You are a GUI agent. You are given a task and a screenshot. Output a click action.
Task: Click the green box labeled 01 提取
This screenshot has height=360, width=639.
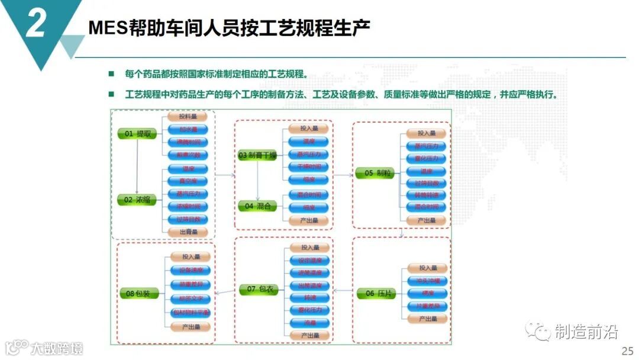(x=137, y=134)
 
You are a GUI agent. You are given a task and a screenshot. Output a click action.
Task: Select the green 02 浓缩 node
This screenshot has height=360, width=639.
(x=137, y=200)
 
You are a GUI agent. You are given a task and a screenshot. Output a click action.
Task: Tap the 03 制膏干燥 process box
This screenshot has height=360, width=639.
(x=257, y=156)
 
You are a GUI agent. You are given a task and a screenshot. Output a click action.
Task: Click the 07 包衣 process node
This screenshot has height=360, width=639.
(x=259, y=289)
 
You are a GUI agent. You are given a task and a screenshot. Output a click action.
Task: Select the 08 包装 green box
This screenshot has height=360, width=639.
(x=138, y=293)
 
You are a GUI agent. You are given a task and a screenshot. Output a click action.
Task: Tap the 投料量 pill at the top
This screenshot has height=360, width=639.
(x=188, y=117)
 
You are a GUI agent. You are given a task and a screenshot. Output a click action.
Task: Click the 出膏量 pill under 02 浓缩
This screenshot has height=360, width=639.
(x=188, y=232)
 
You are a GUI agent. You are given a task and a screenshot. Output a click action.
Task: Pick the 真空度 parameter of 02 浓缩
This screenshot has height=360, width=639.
(x=188, y=181)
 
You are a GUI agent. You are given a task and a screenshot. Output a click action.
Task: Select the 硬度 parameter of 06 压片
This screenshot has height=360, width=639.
(x=427, y=293)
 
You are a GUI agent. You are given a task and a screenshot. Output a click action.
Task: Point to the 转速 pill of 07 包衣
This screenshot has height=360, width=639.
(x=309, y=298)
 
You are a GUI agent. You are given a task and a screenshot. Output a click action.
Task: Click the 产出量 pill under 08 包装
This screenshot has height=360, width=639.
(x=191, y=327)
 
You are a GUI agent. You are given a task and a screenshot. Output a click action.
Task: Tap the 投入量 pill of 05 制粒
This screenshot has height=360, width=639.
(x=426, y=134)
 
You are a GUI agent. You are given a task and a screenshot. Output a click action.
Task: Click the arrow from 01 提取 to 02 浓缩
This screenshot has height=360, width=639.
(x=137, y=167)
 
